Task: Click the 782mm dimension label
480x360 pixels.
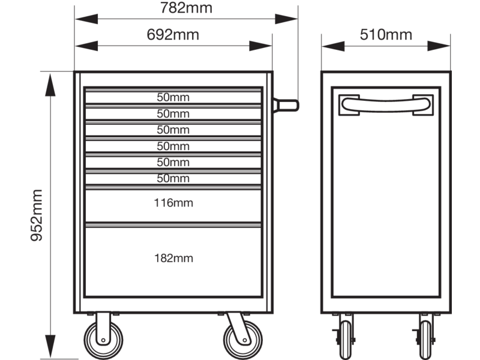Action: (x=186, y=8)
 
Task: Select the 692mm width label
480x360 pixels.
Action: (x=173, y=34)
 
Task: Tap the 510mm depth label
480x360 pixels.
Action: (x=386, y=34)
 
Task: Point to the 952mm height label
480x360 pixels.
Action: (x=37, y=215)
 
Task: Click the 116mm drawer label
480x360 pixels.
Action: (x=173, y=203)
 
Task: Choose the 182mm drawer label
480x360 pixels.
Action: (x=173, y=258)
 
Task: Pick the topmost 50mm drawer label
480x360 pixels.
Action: (x=173, y=97)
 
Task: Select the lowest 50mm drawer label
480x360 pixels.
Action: (x=173, y=178)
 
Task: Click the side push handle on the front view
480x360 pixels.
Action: (x=286, y=106)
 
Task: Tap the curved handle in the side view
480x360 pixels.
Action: (x=386, y=104)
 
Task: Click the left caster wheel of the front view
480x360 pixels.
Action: (x=103, y=340)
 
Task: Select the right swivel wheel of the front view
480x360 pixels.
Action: (x=243, y=340)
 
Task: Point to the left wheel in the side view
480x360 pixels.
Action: (x=346, y=340)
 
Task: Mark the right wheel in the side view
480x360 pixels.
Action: (x=425, y=340)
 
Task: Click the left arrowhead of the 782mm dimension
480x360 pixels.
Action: (x=86, y=19)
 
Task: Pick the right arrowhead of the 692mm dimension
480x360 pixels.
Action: (x=260, y=46)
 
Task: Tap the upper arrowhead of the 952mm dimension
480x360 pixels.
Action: (x=50, y=85)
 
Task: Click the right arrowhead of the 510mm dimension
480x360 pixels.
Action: (x=439, y=46)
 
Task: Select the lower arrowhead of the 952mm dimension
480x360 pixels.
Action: (x=50, y=346)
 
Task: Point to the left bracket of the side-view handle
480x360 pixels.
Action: (x=349, y=105)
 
